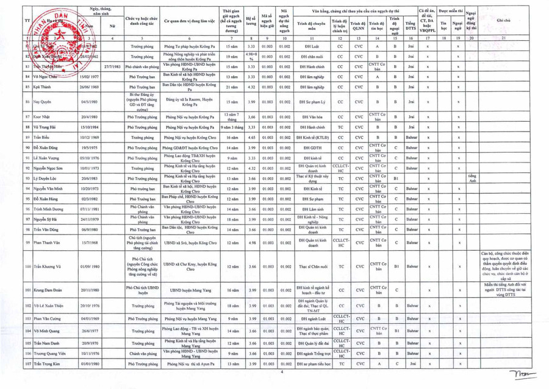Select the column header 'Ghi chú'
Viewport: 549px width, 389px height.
(503, 20)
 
